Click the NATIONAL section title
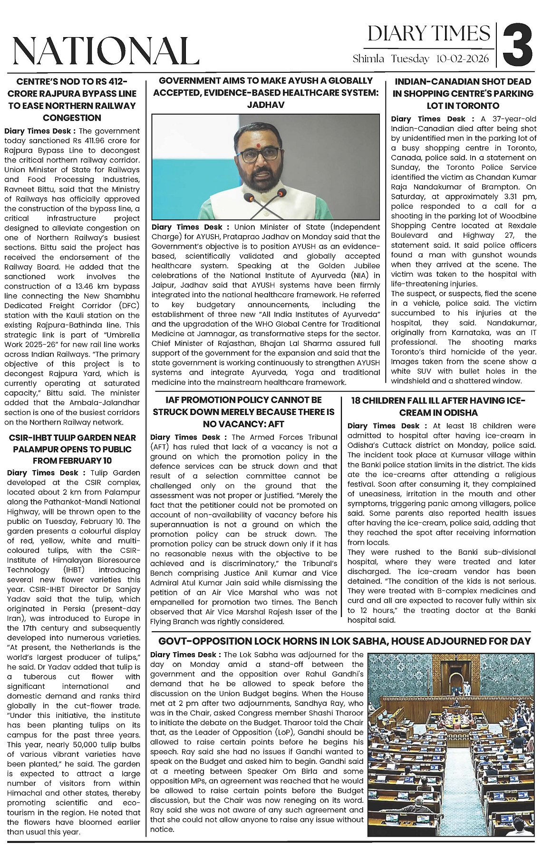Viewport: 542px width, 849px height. coord(106,50)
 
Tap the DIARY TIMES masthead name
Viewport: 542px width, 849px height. coord(429,34)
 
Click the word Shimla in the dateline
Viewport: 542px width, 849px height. coord(368,59)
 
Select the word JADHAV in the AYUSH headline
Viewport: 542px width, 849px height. coord(266,105)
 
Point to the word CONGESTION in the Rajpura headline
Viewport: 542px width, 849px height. coord(72,118)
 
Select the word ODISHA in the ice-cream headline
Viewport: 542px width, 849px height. coord(459,413)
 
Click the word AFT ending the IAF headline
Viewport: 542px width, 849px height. coord(276,424)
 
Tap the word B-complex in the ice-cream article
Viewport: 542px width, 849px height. coord(429,591)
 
